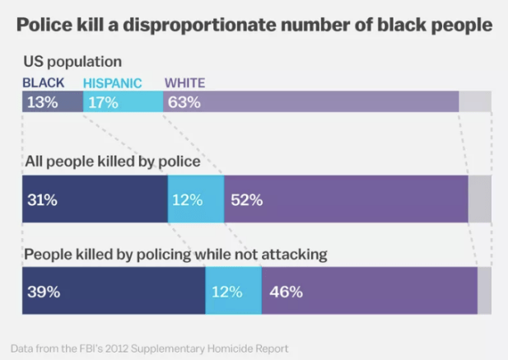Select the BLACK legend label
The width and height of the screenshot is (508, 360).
43,83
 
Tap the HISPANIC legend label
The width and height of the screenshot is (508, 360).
113,83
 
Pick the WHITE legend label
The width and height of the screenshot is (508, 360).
184,83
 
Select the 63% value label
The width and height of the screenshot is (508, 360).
184,103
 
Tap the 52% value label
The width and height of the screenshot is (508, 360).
246,199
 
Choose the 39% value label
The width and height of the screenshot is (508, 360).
43,292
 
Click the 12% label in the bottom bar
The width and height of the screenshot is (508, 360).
226,292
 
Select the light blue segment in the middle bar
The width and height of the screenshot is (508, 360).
196,199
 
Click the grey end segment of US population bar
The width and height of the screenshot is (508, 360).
475,102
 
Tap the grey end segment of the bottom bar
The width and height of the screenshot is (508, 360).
484,290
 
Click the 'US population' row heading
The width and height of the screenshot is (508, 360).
72,62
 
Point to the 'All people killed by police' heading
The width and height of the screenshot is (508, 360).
111,161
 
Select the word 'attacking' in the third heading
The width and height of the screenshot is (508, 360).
291,255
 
